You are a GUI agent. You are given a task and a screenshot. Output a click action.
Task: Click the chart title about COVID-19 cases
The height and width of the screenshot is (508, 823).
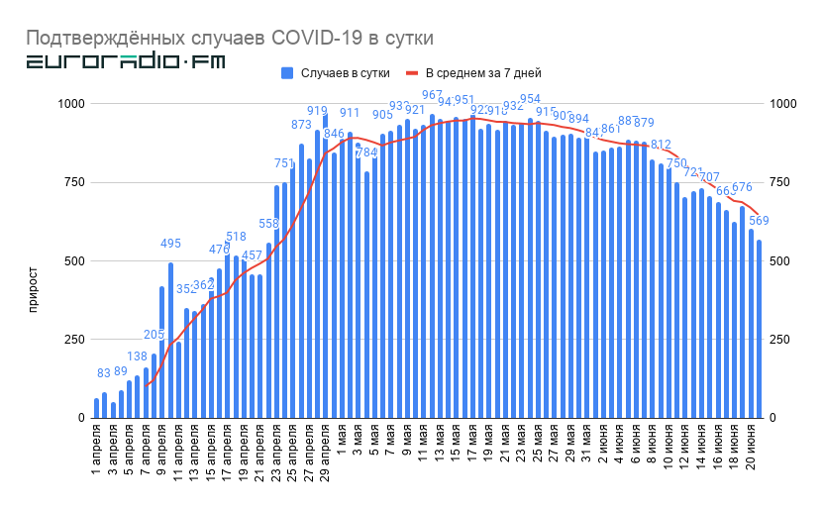229,38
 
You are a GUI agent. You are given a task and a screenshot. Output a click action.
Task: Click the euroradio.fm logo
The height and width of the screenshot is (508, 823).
125,62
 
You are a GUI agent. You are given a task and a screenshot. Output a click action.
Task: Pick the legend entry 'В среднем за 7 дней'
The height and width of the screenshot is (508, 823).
472,73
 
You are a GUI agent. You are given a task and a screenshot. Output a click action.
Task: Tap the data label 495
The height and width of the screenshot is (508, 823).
171,245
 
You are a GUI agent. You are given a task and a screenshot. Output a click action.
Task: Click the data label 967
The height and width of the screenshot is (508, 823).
433,96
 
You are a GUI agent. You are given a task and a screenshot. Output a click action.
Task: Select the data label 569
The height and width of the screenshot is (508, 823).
759,221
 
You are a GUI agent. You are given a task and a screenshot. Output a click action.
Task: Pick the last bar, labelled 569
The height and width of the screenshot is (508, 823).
760,329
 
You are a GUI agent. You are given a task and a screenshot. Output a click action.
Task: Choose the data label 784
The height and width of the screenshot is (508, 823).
366,152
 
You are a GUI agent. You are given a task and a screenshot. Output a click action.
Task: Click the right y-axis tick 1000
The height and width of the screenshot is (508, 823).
782,104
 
